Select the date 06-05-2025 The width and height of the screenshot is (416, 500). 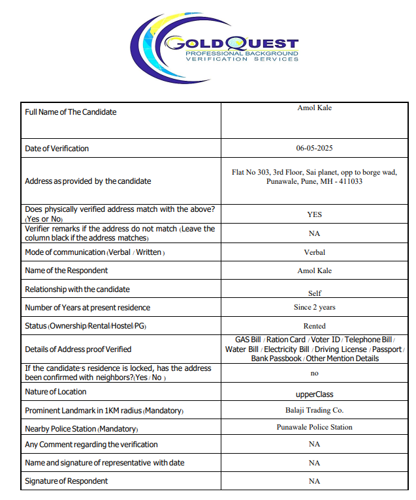pyautogui.click(x=314, y=149)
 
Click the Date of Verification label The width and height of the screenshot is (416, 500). pyautogui.click(x=57, y=149)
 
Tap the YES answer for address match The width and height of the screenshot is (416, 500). pyautogui.click(x=314, y=214)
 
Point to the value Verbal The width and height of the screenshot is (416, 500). pyautogui.click(x=314, y=252)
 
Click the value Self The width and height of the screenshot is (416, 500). pyautogui.click(x=314, y=293)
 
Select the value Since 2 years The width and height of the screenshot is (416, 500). pyautogui.click(x=314, y=307)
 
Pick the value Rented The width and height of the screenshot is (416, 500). pyautogui.click(x=314, y=326)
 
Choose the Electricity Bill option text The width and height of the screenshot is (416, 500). pyautogui.click(x=286, y=349)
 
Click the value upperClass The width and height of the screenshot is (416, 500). pyautogui.click(x=314, y=394)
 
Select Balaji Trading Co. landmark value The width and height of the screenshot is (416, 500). pyautogui.click(x=314, y=411)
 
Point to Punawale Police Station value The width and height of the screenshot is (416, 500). pyautogui.click(x=314, y=428)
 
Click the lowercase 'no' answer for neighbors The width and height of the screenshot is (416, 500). pyautogui.click(x=314, y=374)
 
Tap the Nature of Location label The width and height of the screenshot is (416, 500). pyautogui.click(x=56, y=392)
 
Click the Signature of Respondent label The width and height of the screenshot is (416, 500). pyautogui.click(x=67, y=481)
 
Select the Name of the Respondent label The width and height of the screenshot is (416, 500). pyautogui.click(x=67, y=271)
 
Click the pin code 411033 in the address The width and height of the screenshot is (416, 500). pyautogui.click(x=350, y=181)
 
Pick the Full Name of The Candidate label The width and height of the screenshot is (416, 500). pyautogui.click(x=71, y=112)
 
